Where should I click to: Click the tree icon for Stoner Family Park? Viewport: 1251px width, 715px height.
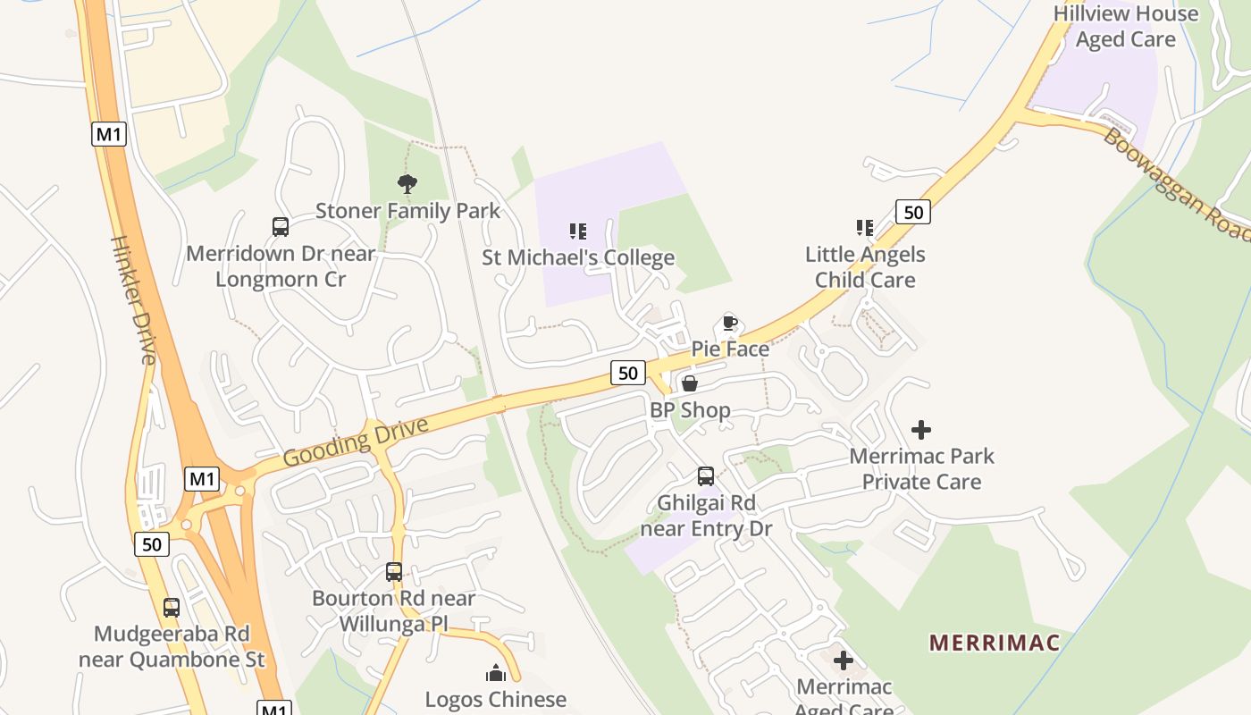(407, 185)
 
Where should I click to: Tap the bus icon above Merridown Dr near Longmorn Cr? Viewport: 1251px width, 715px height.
(281, 227)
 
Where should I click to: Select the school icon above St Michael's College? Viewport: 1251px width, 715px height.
(578, 232)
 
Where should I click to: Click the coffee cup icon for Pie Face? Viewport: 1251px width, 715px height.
(730, 323)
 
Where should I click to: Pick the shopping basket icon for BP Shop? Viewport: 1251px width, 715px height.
(690, 384)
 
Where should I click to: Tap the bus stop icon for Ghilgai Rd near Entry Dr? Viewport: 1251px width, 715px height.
(706, 476)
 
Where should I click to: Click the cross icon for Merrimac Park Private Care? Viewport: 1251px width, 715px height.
(921, 430)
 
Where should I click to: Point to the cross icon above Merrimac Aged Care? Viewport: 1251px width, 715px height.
(843, 661)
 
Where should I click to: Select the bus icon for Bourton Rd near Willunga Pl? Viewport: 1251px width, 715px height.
(394, 572)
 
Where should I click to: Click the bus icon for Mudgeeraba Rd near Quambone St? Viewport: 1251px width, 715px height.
(172, 608)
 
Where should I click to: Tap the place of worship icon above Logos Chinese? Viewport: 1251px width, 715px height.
(496, 673)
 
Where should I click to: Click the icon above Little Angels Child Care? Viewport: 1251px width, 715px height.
(864, 228)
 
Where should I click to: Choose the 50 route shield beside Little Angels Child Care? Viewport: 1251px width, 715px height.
(913, 212)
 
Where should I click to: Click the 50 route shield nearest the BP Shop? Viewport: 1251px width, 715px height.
(628, 373)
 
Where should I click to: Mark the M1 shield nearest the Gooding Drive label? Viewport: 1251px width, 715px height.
(203, 479)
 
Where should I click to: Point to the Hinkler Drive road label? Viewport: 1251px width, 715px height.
(134, 299)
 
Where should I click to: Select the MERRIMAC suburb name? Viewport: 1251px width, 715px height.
(995, 643)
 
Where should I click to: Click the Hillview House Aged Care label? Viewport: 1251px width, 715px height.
(1126, 27)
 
